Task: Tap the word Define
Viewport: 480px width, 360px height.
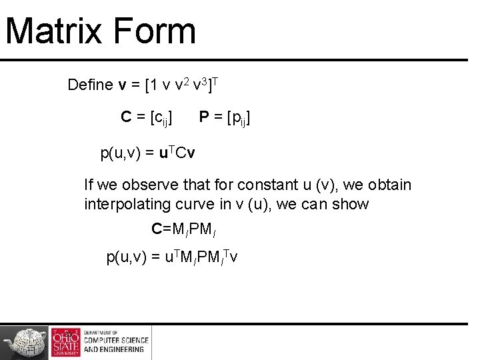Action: [x=91, y=85]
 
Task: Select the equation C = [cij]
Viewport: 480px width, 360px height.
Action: [x=147, y=118]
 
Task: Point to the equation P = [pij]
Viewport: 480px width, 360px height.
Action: [x=225, y=118]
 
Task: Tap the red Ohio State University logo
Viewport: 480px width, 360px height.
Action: [x=65, y=343]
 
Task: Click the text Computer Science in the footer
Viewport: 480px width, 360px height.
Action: [x=116, y=340]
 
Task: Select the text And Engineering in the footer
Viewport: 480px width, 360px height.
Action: [x=113, y=349]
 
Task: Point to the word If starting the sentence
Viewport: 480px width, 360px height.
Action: [x=89, y=185]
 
